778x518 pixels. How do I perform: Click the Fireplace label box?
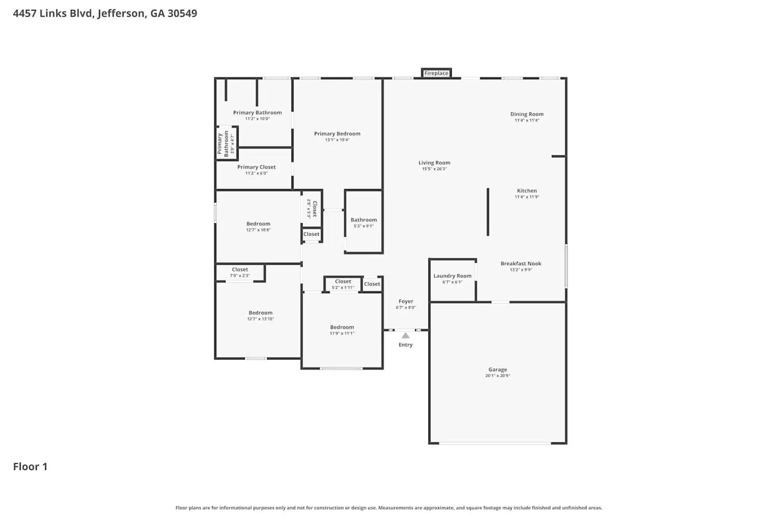click(x=436, y=73)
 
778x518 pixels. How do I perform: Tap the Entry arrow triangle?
click(x=406, y=336)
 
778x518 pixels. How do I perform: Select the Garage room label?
click(x=497, y=370)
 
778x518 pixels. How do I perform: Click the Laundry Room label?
click(x=452, y=276)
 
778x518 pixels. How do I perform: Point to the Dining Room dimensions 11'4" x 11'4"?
click(x=526, y=120)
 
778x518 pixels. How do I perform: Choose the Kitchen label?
click(x=526, y=191)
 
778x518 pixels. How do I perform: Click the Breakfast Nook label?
click(x=521, y=264)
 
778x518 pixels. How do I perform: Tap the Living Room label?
click(x=434, y=163)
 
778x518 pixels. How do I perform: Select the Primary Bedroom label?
click(x=337, y=134)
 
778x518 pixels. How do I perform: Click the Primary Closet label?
click(x=256, y=167)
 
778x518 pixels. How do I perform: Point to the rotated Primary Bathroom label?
click(x=223, y=143)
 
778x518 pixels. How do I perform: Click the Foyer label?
click(x=406, y=301)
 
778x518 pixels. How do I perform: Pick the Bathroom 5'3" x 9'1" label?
click(x=364, y=220)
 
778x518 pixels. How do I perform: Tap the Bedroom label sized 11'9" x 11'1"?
click(x=342, y=327)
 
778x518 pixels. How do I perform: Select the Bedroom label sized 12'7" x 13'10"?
click(x=260, y=313)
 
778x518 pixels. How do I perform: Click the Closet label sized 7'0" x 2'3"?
click(x=240, y=270)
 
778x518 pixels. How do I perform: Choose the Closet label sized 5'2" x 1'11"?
click(x=343, y=282)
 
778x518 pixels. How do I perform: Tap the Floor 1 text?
click(x=30, y=466)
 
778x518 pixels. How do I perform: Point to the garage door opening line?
click(x=495, y=443)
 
